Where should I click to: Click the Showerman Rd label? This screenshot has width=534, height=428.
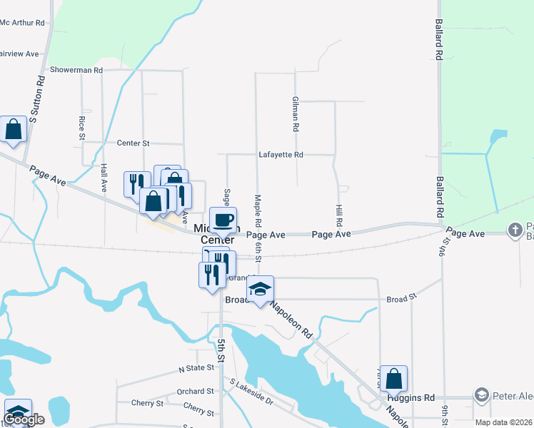click(76, 71)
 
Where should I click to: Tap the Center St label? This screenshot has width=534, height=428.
click(133, 143)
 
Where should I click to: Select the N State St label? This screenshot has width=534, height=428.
click(196, 368)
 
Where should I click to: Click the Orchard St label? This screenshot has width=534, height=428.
click(196, 392)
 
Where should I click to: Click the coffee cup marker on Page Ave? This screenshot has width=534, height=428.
click(223, 220)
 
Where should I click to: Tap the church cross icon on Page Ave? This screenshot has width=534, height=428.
click(515, 230)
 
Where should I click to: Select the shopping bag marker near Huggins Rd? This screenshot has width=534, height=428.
click(393, 379)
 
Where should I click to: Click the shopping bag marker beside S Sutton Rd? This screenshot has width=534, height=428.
click(13, 129)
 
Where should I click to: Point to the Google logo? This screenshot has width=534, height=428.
click(24, 419)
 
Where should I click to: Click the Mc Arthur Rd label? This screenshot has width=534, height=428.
click(23, 23)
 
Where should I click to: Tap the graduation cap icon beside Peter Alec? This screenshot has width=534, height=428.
click(482, 395)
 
